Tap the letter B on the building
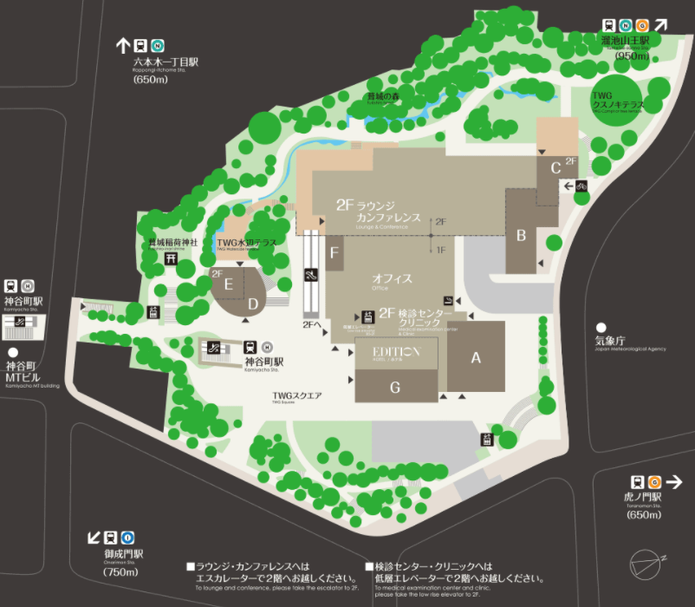522,234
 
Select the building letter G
395,387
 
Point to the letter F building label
335,253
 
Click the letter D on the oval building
253,303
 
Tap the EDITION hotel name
395,351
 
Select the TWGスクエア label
297,395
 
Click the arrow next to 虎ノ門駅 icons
674,482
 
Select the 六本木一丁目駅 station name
166,62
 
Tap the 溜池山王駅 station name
631,41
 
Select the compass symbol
648,564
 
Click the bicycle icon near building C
581,186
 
